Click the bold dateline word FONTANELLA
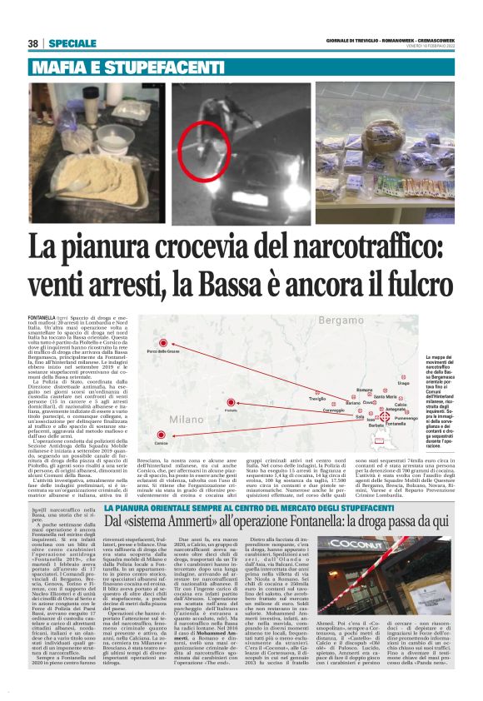click(41, 318)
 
